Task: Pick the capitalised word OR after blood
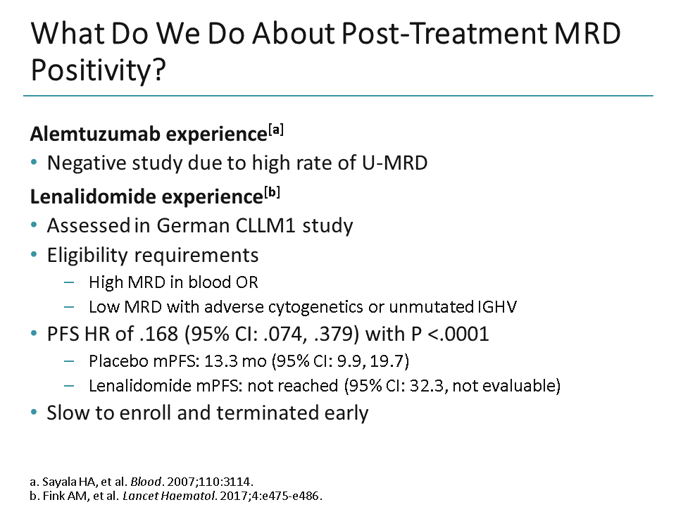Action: coord(246,282)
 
